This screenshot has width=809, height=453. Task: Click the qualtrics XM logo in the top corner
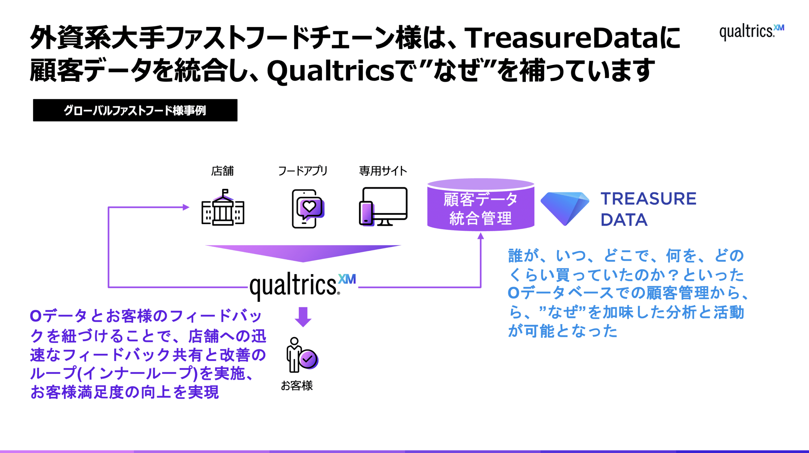click(x=751, y=32)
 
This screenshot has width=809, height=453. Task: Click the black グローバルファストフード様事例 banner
click(x=135, y=110)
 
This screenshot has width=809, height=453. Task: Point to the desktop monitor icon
click(x=383, y=206)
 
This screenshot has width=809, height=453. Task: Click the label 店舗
click(x=222, y=171)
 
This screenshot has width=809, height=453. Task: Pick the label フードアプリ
click(x=303, y=171)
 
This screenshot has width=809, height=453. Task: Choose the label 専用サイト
click(x=383, y=171)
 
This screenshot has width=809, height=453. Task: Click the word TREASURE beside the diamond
click(x=648, y=199)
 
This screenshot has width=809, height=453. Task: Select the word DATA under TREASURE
click(x=624, y=220)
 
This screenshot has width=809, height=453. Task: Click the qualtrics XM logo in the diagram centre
click(x=303, y=286)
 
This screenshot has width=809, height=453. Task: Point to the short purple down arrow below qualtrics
click(x=303, y=317)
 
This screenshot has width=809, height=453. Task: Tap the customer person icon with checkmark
click(x=302, y=355)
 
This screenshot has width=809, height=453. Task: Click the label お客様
click(x=297, y=385)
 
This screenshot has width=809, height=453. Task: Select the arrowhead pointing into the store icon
click(x=186, y=207)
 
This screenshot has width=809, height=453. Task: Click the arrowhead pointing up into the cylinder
click(x=481, y=236)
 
